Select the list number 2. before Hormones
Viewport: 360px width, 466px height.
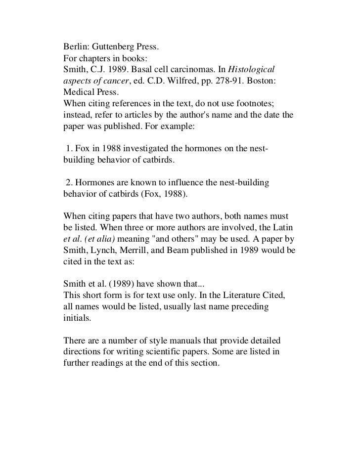(69, 183)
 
